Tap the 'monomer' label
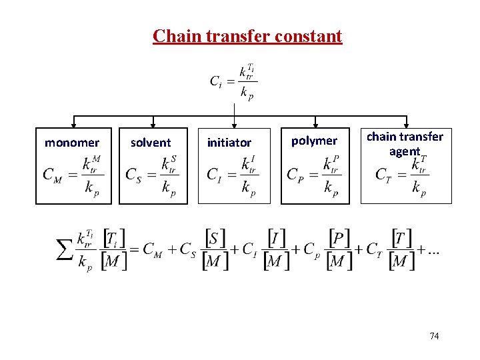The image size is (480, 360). tap(72, 143)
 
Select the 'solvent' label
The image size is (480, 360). tap(151, 143)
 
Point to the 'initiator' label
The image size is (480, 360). tap(229, 143)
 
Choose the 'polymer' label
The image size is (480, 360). tap(315, 141)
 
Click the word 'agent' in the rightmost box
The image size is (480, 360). tap(404, 151)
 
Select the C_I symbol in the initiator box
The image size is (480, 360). tap(215, 175)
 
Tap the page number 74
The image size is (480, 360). tap(434, 336)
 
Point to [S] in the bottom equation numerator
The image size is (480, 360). tap(215, 238)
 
